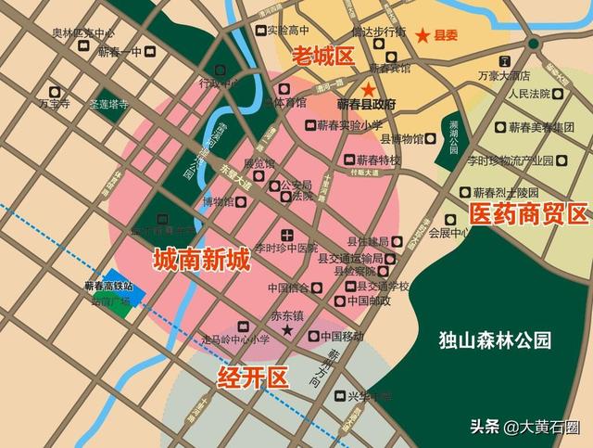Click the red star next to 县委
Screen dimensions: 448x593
(x=423, y=35)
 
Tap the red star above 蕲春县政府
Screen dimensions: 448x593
(x=369, y=90)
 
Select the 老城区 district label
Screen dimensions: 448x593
(x=323, y=56)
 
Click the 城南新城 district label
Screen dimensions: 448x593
(x=201, y=259)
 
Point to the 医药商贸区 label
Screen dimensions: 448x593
(x=528, y=215)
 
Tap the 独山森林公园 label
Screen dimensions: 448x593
(x=495, y=340)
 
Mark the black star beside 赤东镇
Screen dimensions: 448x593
(x=287, y=331)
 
